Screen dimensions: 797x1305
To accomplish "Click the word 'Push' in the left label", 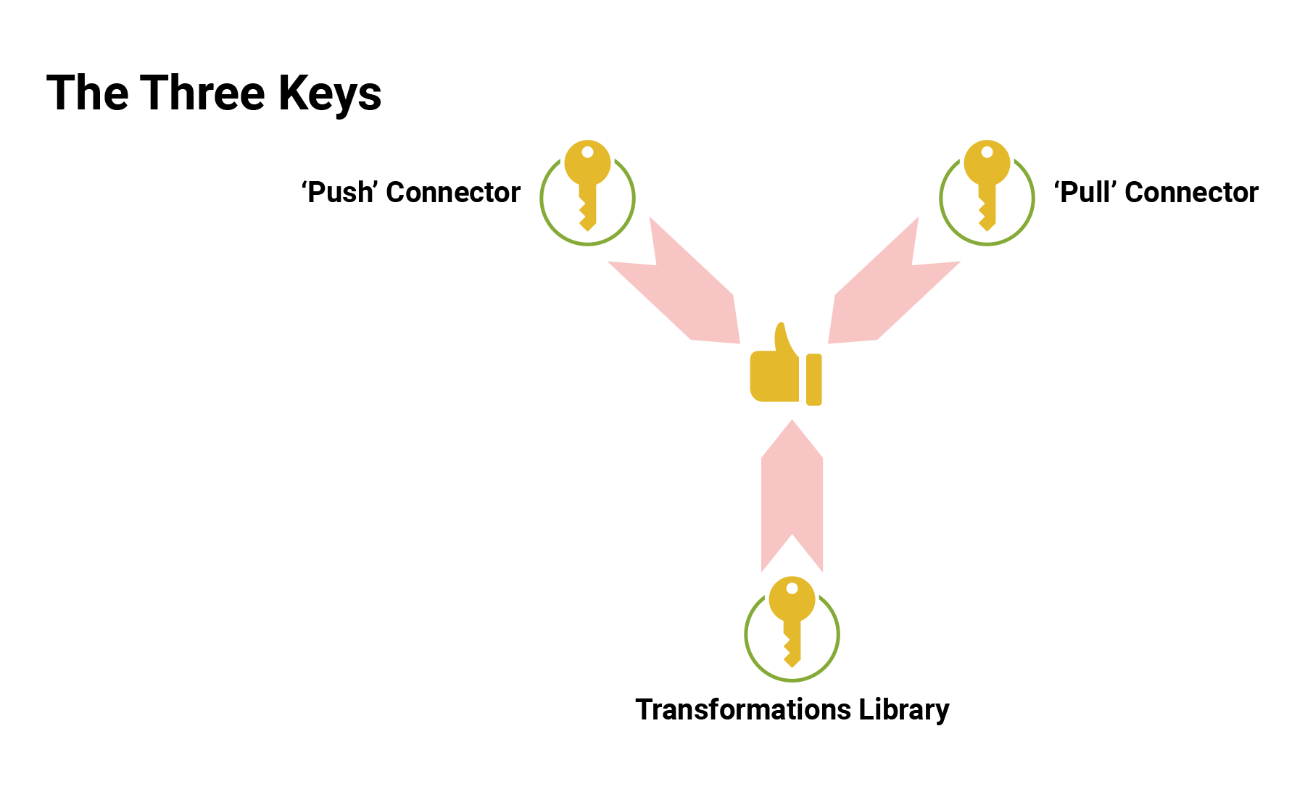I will [x=339, y=193].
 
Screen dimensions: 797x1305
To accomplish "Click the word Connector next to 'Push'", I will [x=453, y=193].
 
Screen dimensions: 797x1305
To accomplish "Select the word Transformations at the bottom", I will [x=743, y=709].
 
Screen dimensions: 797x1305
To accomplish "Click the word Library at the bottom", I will [x=904, y=710].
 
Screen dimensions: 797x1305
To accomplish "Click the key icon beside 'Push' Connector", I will [x=588, y=185].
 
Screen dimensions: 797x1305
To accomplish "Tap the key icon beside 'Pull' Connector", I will [x=987, y=185].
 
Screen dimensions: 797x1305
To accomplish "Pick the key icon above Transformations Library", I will [x=792, y=622].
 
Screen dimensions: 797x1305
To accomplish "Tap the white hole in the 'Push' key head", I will [x=588, y=152].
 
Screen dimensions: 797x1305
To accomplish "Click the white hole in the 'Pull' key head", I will [x=987, y=152].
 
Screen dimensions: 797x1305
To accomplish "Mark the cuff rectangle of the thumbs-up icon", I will [x=814, y=379].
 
